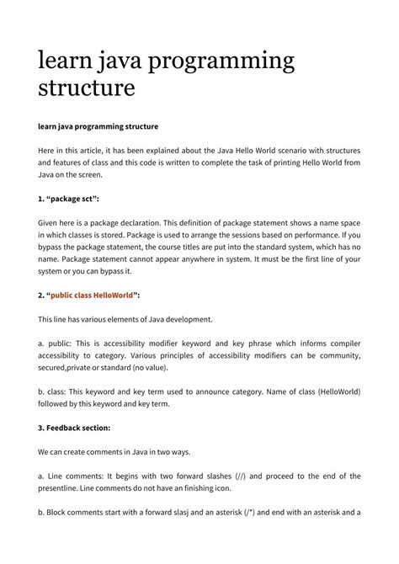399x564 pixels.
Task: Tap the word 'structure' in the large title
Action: (x=87, y=88)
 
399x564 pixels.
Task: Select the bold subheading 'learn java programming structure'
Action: (x=98, y=126)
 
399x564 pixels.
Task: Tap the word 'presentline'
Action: (x=61, y=488)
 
